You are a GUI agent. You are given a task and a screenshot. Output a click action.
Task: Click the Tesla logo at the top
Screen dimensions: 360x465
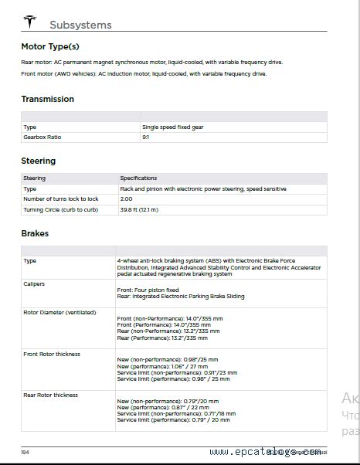tap(30, 22)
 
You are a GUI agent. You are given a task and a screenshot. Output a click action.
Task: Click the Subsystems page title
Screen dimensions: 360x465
tap(80, 25)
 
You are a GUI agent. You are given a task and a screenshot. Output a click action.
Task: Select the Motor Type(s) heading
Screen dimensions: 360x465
tap(50, 46)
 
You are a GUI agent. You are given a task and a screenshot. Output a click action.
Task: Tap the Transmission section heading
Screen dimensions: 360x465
tap(48, 99)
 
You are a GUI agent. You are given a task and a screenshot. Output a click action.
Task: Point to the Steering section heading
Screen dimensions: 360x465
tap(39, 161)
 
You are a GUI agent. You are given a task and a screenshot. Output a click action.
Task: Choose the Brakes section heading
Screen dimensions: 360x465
tap(35, 232)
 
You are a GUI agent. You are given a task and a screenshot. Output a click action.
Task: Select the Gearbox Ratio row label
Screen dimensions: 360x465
tap(42, 137)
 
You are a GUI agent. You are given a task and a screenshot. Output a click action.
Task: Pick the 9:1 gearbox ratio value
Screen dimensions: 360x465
tap(145, 137)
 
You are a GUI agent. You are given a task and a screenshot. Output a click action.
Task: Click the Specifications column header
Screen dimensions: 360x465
tap(138, 178)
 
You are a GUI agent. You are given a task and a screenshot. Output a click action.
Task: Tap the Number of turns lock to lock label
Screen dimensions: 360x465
tap(61, 199)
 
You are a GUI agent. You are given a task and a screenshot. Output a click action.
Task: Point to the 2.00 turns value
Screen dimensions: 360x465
tap(126, 199)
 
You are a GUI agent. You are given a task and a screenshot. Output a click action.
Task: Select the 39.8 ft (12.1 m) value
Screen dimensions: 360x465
tap(139, 209)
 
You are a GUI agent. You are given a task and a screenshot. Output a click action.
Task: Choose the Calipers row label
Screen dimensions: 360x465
tap(34, 283)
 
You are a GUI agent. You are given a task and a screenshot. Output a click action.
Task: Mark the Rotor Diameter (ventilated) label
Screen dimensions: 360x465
tap(59, 312)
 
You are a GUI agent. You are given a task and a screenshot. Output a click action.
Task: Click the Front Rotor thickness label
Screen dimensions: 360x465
tap(52, 354)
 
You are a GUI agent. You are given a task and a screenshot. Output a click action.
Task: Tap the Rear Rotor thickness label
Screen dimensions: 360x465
tap(51, 395)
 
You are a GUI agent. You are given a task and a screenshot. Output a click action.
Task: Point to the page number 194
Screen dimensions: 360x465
tap(25, 452)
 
